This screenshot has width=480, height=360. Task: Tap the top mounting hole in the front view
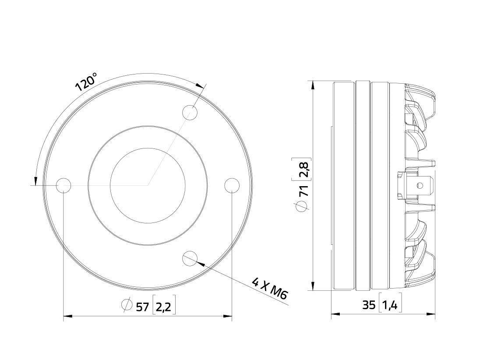click(190, 113)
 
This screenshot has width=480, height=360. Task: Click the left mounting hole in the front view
click(64, 185)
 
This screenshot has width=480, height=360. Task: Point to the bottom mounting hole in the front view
click(190, 258)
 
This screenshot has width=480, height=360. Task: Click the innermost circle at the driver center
click(148, 185)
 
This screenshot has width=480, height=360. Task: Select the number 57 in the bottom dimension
click(142, 307)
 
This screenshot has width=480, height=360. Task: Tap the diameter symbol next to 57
click(127, 305)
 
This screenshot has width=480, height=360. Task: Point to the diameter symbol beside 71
click(303, 206)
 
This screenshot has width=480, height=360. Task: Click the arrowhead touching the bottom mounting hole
click(201, 263)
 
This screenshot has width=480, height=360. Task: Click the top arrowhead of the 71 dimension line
click(313, 85)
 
